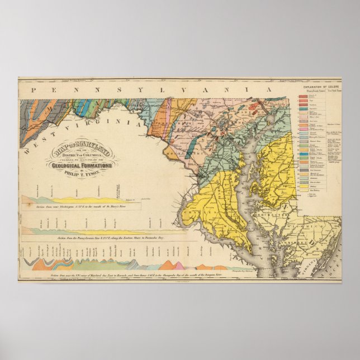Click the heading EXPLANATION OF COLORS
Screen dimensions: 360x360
pos(321,88)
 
